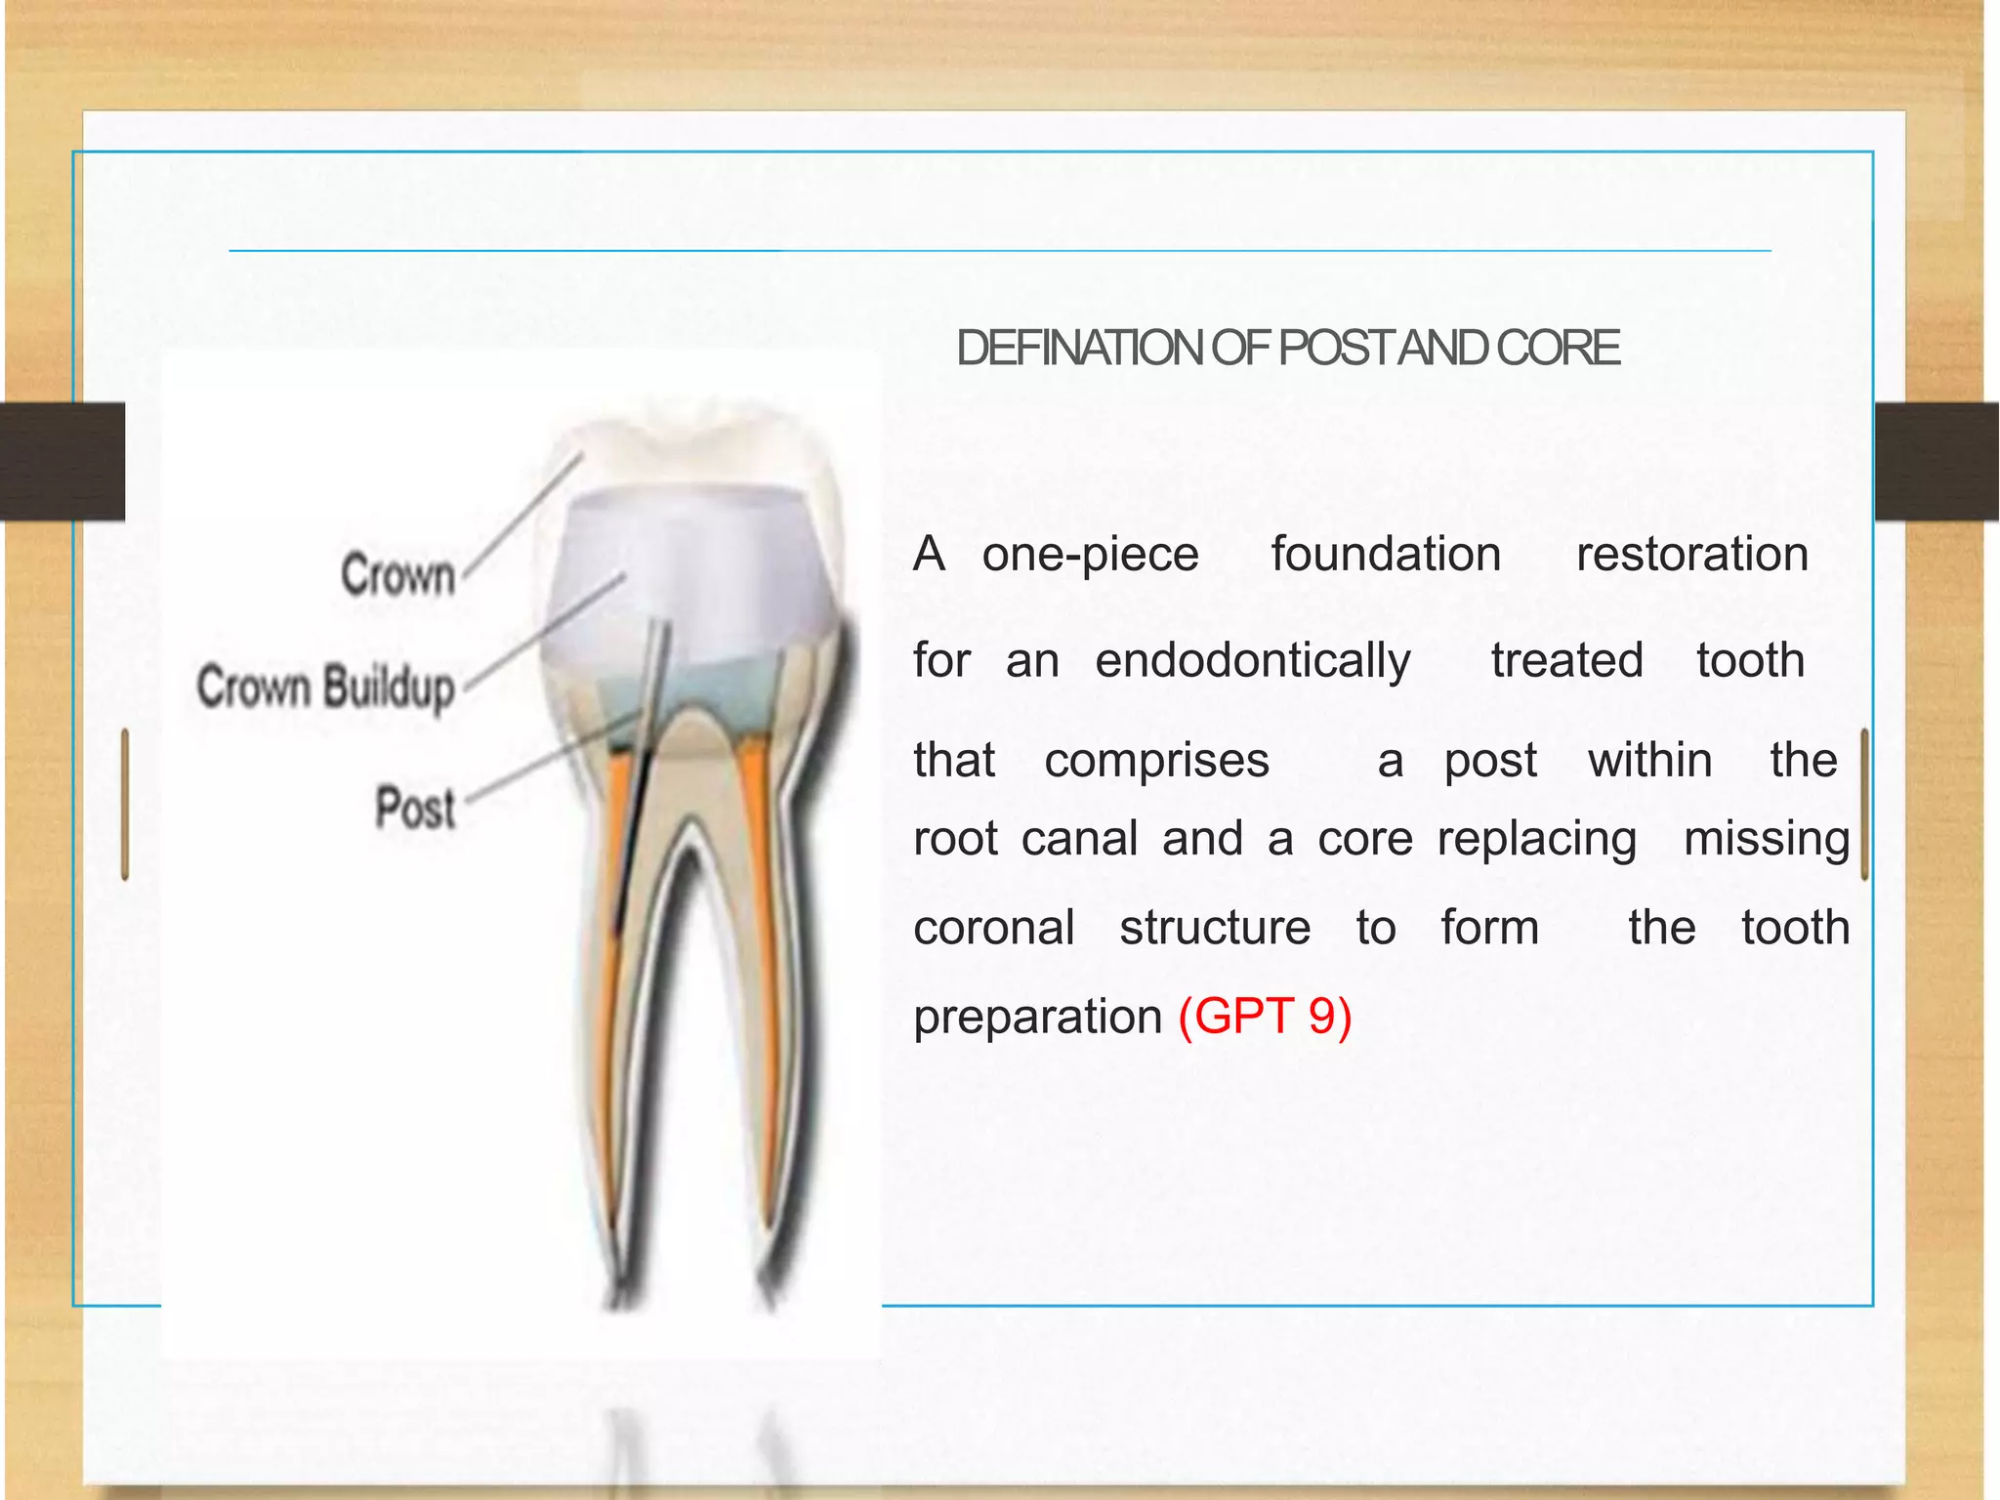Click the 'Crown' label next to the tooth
click(x=398, y=574)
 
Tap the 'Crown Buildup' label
click(x=326, y=687)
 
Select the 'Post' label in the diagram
click(x=416, y=808)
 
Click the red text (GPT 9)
click(x=1265, y=1016)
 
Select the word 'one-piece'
click(x=1090, y=555)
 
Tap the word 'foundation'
click(x=1386, y=555)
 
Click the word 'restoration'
click(x=1692, y=555)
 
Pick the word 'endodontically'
click(x=1253, y=661)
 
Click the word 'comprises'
click(x=1156, y=761)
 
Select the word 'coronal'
click(x=994, y=928)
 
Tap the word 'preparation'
click(x=1037, y=1018)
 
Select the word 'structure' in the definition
click(x=1215, y=928)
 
